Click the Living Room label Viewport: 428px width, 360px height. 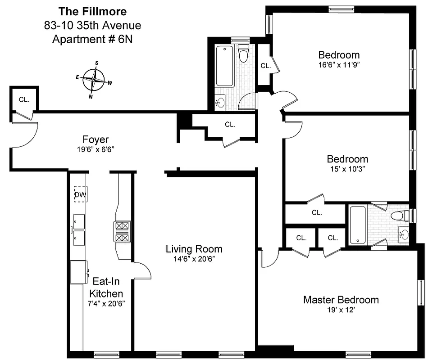(194, 249)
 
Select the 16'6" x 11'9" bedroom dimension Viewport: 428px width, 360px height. (339, 65)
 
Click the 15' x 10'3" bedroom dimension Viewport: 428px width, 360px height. (347, 169)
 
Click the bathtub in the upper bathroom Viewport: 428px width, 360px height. (225, 66)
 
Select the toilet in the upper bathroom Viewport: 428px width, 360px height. (244, 53)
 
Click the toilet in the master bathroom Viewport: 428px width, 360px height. (399, 216)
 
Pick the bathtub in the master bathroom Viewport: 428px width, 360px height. (359, 225)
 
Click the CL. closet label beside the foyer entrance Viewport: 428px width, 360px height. (24, 99)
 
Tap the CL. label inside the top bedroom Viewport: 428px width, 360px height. (265, 65)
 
